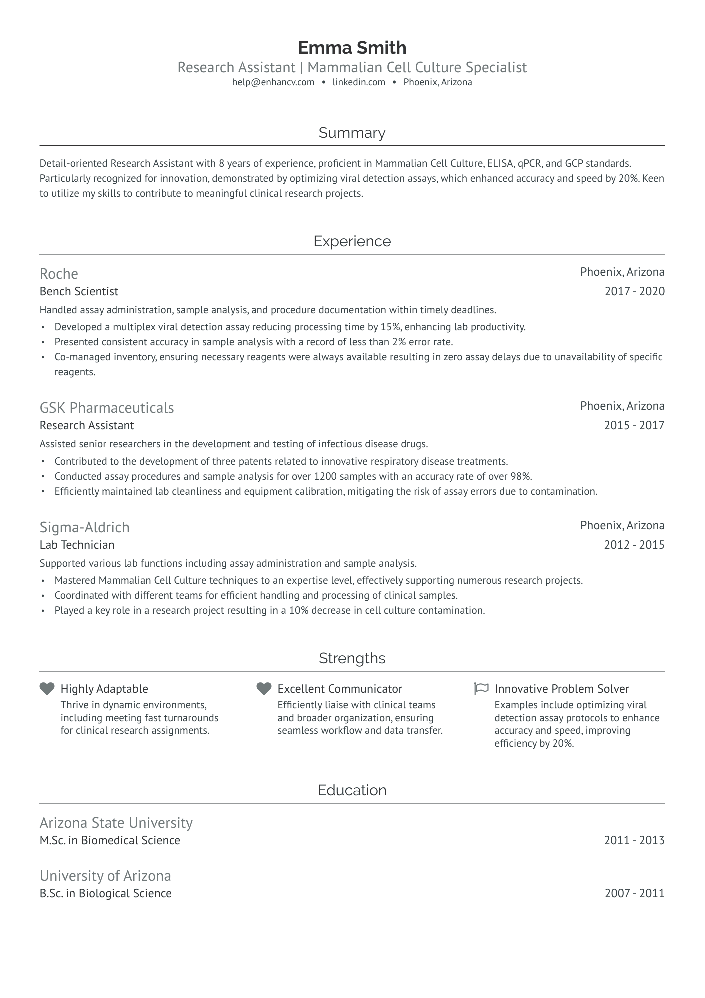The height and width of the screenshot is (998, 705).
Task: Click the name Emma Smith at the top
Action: [x=352, y=48]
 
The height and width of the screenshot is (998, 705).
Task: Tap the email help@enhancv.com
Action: [x=273, y=82]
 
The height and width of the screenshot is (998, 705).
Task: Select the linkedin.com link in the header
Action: [x=359, y=82]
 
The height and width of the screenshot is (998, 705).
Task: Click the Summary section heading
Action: [x=352, y=133]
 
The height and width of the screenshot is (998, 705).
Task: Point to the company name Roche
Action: [x=59, y=274]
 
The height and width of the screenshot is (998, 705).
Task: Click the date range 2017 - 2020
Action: [x=634, y=291]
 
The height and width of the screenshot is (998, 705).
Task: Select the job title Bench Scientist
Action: [x=79, y=291]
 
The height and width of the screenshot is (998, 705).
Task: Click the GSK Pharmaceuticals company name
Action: [x=107, y=408]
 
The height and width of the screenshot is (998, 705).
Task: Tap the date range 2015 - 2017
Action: [x=634, y=425]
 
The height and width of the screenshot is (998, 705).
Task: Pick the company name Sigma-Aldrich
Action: [x=84, y=527]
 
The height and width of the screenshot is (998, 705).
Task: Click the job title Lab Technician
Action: [x=77, y=545]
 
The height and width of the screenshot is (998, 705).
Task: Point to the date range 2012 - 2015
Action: [x=634, y=545]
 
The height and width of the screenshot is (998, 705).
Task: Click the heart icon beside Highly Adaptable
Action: [x=47, y=689]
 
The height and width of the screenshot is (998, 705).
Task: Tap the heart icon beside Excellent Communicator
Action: [x=264, y=689]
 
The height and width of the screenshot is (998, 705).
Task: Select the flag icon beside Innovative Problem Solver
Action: [x=481, y=689]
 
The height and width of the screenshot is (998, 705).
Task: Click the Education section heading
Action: [x=352, y=790]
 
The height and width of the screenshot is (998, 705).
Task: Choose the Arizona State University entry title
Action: [x=116, y=823]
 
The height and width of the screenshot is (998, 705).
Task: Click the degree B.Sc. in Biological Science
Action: [x=105, y=893]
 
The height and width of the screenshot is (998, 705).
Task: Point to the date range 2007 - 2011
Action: [x=634, y=893]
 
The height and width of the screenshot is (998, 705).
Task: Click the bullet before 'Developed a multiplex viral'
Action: [x=43, y=327]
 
